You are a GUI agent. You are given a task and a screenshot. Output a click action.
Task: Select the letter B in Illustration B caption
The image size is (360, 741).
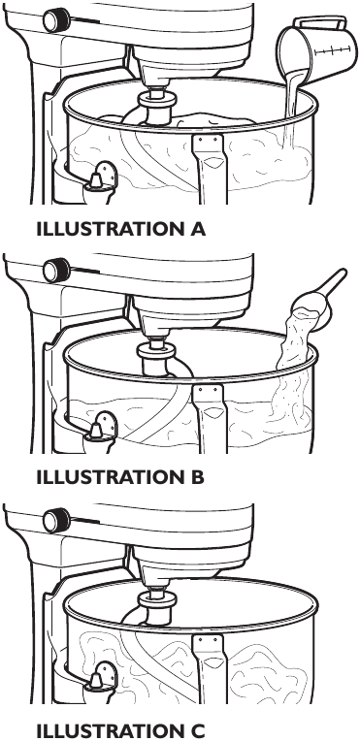tap(197, 477)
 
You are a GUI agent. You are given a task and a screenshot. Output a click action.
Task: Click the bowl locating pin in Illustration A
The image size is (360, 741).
tap(95, 181)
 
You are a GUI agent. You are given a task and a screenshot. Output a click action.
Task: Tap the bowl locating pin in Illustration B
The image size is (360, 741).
tap(95, 432)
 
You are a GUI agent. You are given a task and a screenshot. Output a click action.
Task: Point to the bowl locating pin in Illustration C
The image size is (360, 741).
tap(95, 682)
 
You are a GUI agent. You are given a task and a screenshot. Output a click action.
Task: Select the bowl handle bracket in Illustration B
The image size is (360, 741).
tap(210, 418)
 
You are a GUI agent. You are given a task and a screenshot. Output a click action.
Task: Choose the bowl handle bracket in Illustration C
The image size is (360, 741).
tap(210, 667)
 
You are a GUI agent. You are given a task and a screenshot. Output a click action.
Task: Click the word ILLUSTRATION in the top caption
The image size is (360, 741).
tap(108, 229)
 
